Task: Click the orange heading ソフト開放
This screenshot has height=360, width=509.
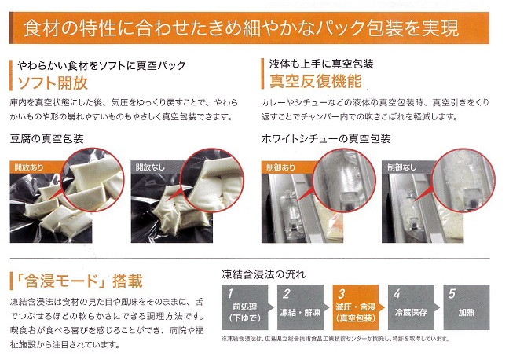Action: click(x=53, y=83)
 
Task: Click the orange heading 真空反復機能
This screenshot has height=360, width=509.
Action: click(x=316, y=81)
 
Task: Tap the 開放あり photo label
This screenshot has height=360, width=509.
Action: click(x=29, y=167)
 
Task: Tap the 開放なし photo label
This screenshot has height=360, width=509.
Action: click(x=150, y=167)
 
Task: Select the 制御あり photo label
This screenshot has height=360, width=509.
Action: click(x=280, y=167)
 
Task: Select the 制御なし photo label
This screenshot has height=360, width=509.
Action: click(x=401, y=167)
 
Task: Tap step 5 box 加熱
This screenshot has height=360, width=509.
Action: click(x=467, y=307)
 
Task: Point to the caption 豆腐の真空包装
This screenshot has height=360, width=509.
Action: click(x=47, y=139)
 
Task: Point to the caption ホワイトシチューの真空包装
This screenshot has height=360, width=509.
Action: click(x=326, y=139)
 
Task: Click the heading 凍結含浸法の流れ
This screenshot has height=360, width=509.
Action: click(x=264, y=274)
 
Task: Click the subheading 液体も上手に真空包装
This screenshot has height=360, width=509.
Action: click(x=321, y=64)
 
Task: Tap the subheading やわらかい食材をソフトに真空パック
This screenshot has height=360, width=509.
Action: click(x=101, y=65)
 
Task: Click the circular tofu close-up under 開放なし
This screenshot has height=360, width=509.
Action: click(x=212, y=180)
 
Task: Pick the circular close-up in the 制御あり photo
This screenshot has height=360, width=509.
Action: click(x=344, y=180)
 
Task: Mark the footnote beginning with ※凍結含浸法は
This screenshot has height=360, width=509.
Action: click(x=336, y=339)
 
